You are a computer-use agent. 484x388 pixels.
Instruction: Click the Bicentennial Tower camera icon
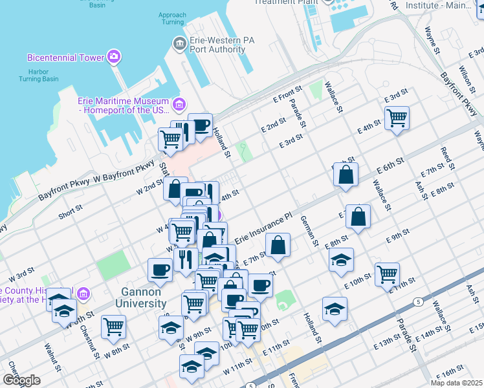pyautogui.click(x=115, y=57)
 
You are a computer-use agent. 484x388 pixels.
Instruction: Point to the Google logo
pyautogui.click(x=21, y=380)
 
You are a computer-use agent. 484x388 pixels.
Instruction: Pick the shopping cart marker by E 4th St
pyautogui.click(x=397, y=118)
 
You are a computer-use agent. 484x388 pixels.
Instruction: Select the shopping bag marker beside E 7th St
pyautogui.click(x=278, y=245)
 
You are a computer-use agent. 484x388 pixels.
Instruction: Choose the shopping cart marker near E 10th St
pyautogui.click(x=387, y=274)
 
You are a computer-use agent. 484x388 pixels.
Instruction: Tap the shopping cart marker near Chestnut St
pyautogui.click(x=113, y=327)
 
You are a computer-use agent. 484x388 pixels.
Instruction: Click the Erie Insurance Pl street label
pyautogui.click(x=264, y=230)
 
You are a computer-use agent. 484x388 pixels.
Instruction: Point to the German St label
pyautogui.click(x=309, y=232)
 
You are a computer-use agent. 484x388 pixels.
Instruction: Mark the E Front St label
pyautogui.click(x=287, y=95)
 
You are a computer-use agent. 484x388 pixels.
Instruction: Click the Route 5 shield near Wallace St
pyautogui.click(x=419, y=301)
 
